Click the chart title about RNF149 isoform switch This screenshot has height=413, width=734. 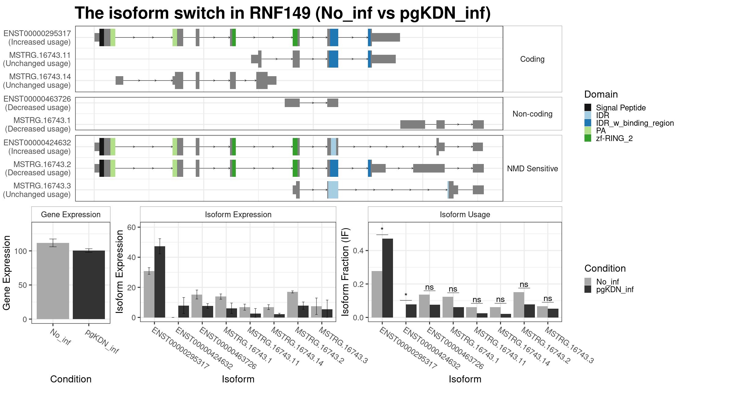[283, 13]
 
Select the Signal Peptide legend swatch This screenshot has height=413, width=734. [588, 107]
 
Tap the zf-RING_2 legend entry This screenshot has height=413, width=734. [614, 138]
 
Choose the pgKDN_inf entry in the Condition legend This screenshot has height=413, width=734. [615, 289]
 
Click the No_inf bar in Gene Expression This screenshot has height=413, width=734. [53, 281]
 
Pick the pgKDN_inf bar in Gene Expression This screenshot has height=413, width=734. [89, 285]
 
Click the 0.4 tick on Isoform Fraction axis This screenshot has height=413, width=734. [359, 251]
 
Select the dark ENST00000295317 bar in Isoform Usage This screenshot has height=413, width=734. [387, 278]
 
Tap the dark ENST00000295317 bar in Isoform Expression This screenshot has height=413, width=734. [160, 282]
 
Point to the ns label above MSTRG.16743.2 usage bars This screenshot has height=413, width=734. [524, 285]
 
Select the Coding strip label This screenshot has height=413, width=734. [532, 59]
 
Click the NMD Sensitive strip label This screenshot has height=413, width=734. [532, 169]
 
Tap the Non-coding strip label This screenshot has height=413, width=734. [532, 114]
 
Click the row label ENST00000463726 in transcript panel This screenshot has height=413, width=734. [37, 99]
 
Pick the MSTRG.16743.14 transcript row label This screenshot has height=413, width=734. [40, 76]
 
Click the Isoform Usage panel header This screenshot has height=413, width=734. [465, 214]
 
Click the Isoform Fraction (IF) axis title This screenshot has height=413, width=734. [345, 272]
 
